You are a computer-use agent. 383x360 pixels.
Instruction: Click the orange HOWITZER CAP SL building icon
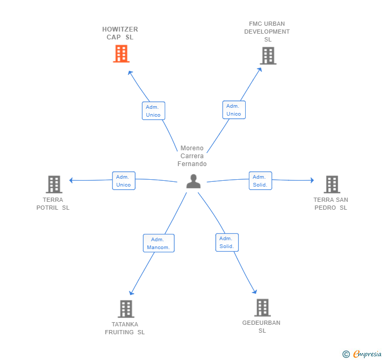pos(121,54)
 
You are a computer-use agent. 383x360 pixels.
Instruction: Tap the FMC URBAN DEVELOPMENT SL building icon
pos(268,56)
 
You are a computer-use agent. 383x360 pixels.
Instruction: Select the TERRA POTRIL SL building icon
pos(54,184)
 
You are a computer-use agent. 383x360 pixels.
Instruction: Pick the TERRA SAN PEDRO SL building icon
pos(331,184)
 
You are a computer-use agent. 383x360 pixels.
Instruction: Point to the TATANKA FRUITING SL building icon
pos(125,309)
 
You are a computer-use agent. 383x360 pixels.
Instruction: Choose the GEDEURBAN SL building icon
pos(262,308)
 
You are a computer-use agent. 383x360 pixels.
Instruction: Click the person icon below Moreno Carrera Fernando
pos(194,181)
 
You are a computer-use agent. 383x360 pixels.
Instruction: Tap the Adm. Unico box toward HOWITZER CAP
pos(153,111)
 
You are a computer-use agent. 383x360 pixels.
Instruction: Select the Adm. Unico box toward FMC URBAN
pos(234,110)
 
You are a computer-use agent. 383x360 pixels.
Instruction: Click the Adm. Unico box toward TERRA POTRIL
pos(124,181)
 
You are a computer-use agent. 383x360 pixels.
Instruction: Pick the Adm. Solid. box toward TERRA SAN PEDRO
pos(260,181)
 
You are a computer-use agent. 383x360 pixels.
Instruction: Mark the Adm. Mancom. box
pos(158,243)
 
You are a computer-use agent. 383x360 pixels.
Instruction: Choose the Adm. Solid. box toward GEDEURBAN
pos(227,242)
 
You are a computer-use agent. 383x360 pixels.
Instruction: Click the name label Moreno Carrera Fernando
pos(192,156)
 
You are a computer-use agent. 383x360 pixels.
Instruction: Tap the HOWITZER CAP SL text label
pos(120,33)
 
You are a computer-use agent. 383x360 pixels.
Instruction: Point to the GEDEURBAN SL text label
pos(261,326)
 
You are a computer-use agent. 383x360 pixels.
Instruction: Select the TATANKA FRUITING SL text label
pos(125,328)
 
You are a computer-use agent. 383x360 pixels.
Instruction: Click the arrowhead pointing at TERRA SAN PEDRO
pos(311,180)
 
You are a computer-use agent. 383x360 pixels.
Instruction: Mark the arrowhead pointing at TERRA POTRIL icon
pos(71,180)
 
